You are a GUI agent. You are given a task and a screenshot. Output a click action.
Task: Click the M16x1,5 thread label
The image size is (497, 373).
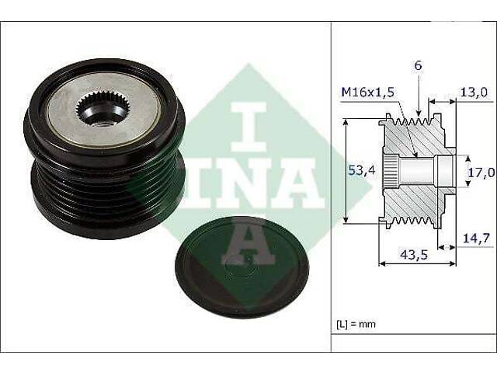click(x=367, y=92)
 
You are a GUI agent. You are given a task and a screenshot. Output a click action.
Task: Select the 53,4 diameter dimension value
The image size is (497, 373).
click(x=362, y=171)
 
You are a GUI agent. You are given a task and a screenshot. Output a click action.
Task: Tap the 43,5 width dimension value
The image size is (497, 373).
click(x=415, y=254)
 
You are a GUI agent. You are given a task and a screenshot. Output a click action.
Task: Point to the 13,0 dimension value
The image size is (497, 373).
click(x=473, y=92)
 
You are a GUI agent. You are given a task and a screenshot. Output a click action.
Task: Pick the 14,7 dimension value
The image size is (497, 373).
click(x=476, y=238)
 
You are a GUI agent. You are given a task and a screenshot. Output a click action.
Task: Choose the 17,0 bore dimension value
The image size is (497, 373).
click(x=481, y=173)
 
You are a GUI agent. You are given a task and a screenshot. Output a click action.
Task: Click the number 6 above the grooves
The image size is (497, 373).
click(x=419, y=65)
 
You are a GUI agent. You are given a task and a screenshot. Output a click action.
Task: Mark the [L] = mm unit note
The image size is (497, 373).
click(x=356, y=324)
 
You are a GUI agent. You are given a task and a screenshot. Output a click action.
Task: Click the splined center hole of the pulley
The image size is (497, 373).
click(x=100, y=108)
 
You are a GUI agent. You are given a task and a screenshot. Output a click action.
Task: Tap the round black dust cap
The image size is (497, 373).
click(x=242, y=267)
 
